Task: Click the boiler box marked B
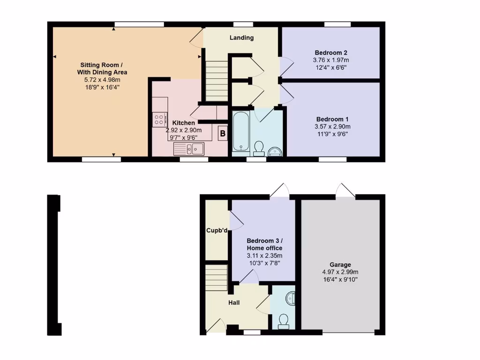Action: tap(223, 134)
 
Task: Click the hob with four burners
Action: tap(159, 119)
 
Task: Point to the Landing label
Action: tap(241, 37)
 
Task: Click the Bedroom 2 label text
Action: tap(330, 52)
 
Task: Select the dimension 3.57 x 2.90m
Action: tap(332, 127)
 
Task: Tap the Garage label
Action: tap(340, 265)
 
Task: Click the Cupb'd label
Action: tap(217, 231)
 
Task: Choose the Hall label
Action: tap(234, 303)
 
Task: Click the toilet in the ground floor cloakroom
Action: tap(283, 320)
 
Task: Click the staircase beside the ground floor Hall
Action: tap(216, 277)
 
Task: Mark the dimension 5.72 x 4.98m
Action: tap(102, 80)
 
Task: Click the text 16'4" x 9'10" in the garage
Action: tap(340, 280)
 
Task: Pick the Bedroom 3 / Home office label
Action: tap(264, 244)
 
